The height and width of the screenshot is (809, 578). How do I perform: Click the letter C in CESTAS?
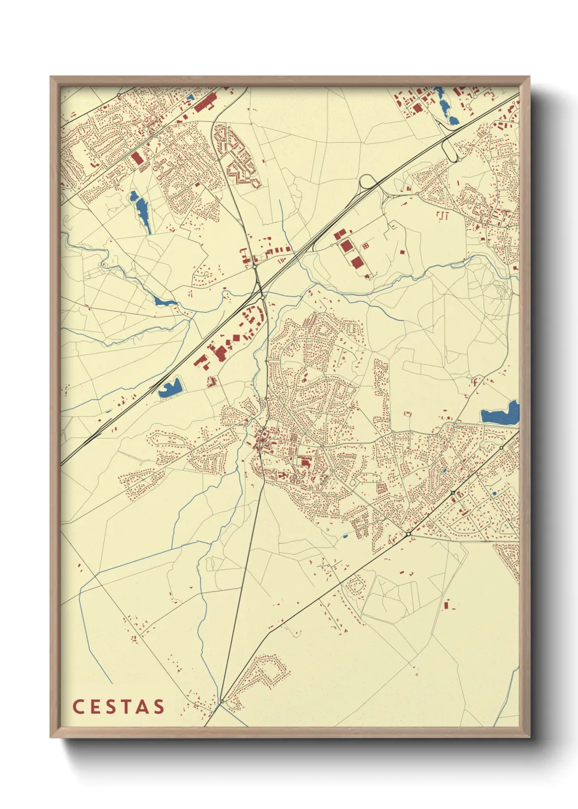pos(78,707)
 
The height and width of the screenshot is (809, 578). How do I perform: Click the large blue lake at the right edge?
pos(500,414)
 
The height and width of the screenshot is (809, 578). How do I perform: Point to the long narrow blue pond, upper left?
pos(141,210)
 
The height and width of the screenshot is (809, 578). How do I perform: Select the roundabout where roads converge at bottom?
pos(222,701)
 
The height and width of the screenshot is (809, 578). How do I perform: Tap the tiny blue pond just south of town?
pos(345,535)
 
